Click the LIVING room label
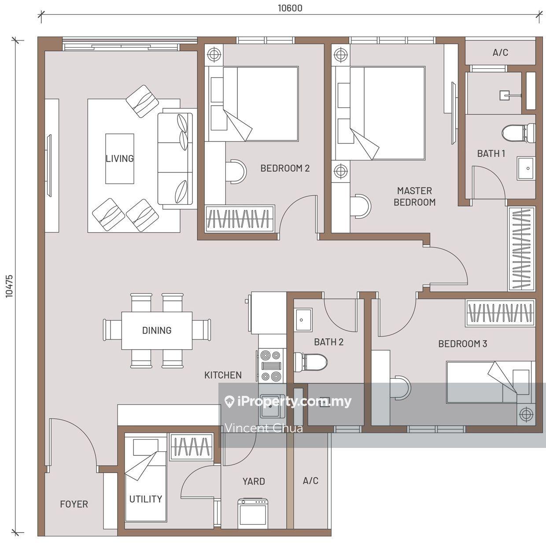[x=119, y=159]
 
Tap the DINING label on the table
[x=157, y=330]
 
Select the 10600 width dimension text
[x=290, y=8]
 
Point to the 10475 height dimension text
[x=9, y=286]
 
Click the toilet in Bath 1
[x=518, y=133]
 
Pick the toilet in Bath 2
[x=310, y=362]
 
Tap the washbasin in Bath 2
[x=303, y=320]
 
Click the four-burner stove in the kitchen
[x=271, y=366]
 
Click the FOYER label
[x=74, y=504]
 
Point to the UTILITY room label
[x=146, y=499]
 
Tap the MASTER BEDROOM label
[x=414, y=196]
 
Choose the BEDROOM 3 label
[x=462, y=344]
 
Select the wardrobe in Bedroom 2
[x=240, y=218]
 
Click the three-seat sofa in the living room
[x=176, y=159]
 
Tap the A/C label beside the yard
[x=310, y=480]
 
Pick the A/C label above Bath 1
[x=500, y=52]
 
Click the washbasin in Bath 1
[x=526, y=168]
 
